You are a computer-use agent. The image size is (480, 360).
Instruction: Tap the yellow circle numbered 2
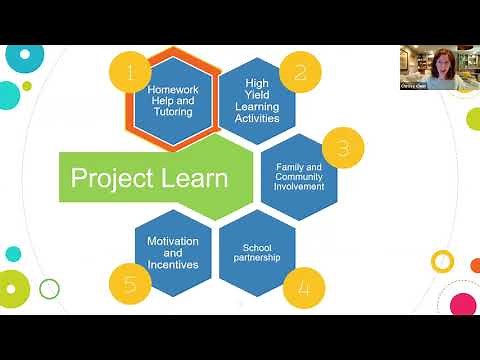(299, 72)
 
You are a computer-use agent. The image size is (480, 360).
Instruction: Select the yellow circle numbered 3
(343, 148)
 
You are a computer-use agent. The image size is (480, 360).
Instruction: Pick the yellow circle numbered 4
(303, 288)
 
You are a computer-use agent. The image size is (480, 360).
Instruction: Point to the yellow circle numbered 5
(130, 284)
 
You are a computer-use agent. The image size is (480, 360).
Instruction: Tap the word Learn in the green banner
(190, 179)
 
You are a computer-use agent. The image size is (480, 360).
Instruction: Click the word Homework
(173, 88)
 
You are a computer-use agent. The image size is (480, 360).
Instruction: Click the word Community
(299, 176)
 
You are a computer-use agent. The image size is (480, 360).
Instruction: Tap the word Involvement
(299, 185)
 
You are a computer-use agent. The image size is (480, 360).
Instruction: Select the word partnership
(258, 258)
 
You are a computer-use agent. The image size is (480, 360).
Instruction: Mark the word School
(257, 247)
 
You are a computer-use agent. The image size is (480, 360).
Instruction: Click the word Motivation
(173, 242)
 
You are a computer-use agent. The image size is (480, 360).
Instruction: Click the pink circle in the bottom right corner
(463, 302)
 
